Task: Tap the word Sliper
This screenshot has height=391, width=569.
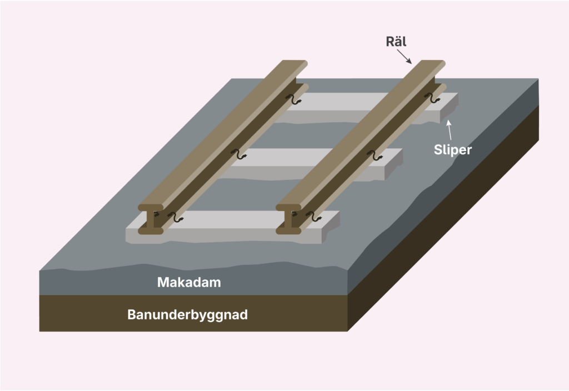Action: tap(452, 150)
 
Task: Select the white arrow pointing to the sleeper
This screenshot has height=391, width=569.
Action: tap(450, 129)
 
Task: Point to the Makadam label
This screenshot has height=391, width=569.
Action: tap(189, 282)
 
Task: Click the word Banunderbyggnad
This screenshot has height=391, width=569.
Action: tap(187, 315)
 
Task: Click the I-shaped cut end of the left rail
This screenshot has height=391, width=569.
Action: tap(151, 219)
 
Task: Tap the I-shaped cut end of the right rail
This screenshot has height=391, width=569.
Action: tap(288, 219)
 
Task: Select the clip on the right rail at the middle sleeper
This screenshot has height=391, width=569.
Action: tap(377, 155)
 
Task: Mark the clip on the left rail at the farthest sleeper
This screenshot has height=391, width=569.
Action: tap(295, 99)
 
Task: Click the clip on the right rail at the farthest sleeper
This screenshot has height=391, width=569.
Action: tap(432, 99)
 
